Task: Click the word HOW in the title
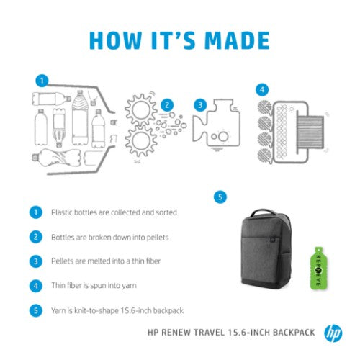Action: (114, 40)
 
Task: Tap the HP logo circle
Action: (333, 333)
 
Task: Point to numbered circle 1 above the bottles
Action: (42, 80)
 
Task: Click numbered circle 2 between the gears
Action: (167, 105)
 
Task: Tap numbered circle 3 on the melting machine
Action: (200, 105)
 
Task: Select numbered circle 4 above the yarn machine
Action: (262, 90)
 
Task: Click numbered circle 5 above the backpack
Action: (220, 196)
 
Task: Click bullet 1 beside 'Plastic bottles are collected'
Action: (34, 212)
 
